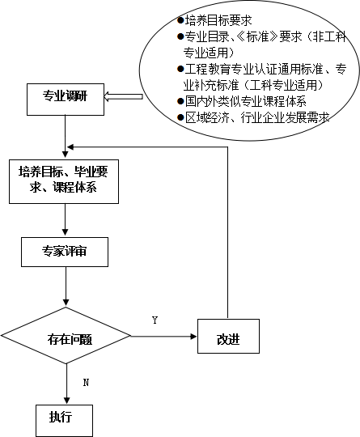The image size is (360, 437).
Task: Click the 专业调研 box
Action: coord(66,100)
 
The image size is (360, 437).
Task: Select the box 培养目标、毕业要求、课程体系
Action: coord(64,181)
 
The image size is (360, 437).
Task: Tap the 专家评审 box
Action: coord(65,252)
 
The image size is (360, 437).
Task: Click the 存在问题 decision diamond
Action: coord(66,336)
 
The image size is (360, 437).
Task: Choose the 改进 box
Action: coord(228,337)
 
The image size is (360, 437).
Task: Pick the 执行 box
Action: coord(64,420)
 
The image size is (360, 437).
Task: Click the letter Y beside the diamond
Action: coord(155,320)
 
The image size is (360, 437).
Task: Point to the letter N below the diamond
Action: coord(86,382)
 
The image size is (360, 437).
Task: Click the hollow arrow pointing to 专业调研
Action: coord(123,97)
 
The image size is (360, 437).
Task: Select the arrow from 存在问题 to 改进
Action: coord(164,337)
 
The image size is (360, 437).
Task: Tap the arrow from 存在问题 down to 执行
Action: coord(66,384)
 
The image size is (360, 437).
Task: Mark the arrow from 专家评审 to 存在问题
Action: coord(66,286)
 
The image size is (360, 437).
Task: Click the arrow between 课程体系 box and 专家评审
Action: coord(65,220)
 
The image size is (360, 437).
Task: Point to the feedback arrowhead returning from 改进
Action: coord(70,146)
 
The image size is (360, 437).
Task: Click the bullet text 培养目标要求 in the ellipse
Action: coord(218,20)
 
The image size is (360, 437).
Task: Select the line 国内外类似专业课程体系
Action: coord(246,101)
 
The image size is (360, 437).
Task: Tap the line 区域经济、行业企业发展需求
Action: coord(257,117)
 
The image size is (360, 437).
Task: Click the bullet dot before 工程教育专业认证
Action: coord(180,69)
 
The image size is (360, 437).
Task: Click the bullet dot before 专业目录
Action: coord(180,36)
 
